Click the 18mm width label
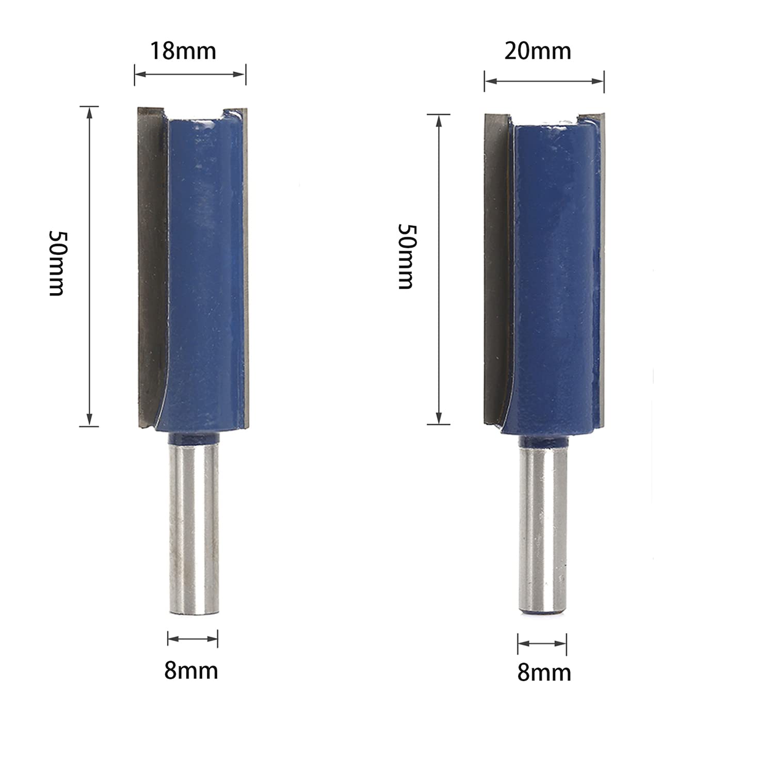(183, 51)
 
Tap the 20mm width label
(538, 51)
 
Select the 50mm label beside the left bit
(56, 263)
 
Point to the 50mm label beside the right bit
(406, 256)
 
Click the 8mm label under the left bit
(191, 671)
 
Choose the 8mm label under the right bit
(544, 673)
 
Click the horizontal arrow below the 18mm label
(190, 74)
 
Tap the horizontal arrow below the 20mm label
(544, 81)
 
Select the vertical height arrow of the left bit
(89, 266)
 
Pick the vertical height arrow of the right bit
(439, 269)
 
